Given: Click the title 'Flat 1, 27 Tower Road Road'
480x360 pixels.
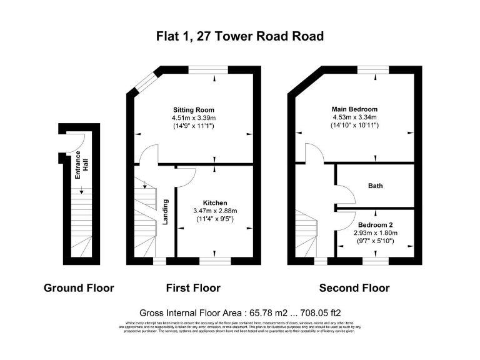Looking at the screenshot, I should coord(240,36).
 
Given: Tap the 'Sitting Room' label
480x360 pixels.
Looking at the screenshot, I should coord(194,109).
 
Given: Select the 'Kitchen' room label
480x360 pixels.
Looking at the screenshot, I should coord(214,202).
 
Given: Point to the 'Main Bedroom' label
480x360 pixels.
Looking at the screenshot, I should coord(354,109).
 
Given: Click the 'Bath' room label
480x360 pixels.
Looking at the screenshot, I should coord(375,186).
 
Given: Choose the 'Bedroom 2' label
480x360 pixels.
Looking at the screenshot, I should coord(376,224).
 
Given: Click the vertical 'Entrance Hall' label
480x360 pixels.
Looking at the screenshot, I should coord(82,165).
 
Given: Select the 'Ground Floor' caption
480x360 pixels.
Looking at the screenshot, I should coord(79,288).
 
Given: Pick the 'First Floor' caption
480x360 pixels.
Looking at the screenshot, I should coord(193,288).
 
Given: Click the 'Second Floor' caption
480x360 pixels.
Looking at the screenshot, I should coord(354,288).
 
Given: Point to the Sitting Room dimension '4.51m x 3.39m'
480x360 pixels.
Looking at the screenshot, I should coord(194,117).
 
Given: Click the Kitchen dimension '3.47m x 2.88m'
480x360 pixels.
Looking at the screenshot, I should coord(214,211).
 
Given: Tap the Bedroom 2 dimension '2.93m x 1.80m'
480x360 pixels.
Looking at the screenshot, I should coord(376,232).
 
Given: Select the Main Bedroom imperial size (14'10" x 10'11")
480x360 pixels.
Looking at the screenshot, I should coord(354,126).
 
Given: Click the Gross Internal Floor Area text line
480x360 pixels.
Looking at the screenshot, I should coord(240,312).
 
